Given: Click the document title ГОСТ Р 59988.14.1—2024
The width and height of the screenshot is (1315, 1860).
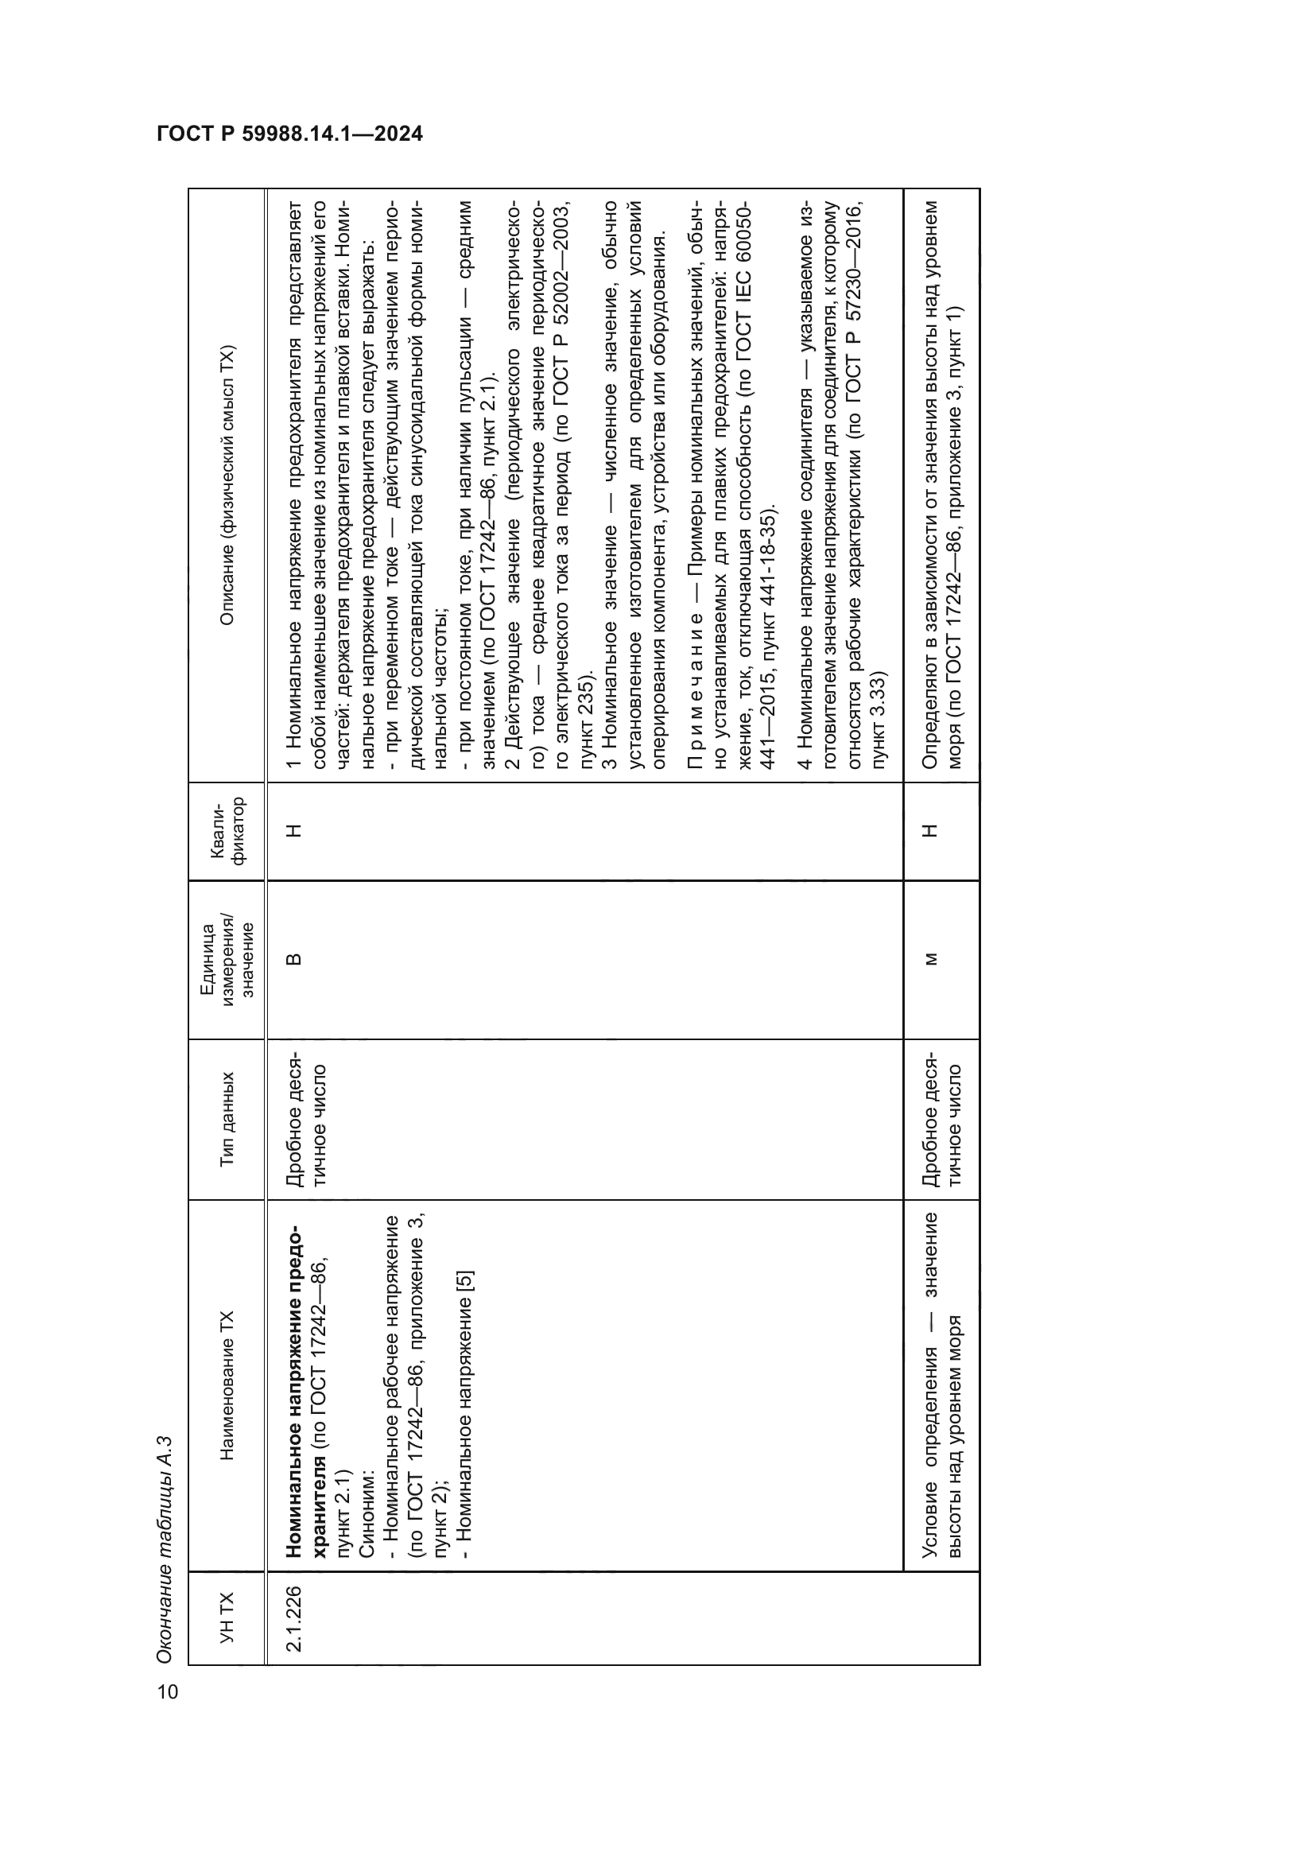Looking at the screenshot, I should pos(289,134).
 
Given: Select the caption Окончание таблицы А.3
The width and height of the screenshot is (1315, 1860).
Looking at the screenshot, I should pos(165,1551).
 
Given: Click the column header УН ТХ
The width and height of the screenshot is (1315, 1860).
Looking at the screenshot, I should pos(227,1617).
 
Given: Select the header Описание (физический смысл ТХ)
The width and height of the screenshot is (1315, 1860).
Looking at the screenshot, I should pos(227,485).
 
